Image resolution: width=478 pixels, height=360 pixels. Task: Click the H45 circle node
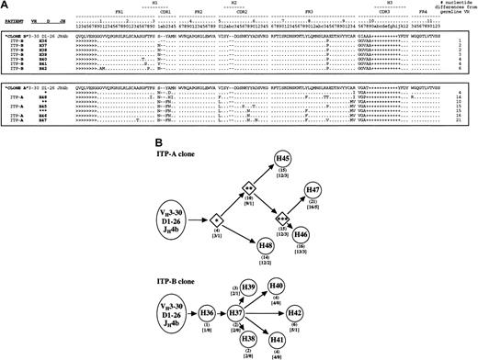pyautogui.click(x=287, y=158)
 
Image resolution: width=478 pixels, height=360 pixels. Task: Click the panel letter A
pyautogui.click(x=7, y=6)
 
